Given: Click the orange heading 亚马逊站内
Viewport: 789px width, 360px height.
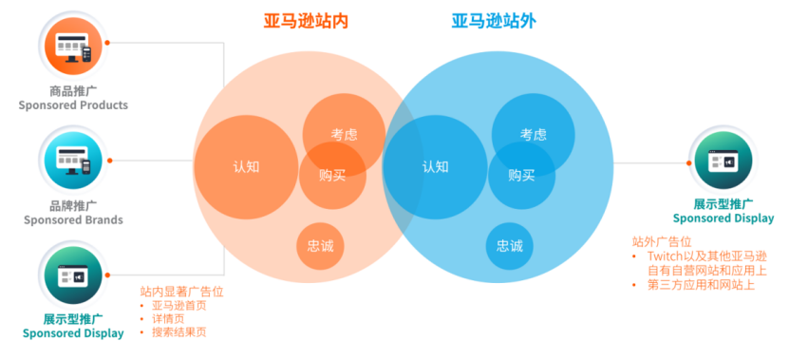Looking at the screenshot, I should (x=306, y=20).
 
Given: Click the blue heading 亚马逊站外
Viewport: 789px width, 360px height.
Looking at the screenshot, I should (x=493, y=20).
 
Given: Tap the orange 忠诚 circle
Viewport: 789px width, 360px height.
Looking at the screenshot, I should (x=320, y=246).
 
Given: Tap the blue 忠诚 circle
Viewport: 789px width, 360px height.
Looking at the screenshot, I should (x=509, y=246).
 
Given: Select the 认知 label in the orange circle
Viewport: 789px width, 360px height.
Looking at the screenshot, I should (x=246, y=166).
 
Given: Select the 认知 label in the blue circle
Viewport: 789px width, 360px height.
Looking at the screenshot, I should (x=435, y=166).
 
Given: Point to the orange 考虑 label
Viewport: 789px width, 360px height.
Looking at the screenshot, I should (x=345, y=135).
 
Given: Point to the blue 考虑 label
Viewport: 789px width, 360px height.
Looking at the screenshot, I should (x=534, y=135).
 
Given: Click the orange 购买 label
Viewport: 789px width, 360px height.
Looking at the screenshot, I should (x=332, y=175).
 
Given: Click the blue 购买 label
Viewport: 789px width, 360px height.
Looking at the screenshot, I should (x=521, y=175).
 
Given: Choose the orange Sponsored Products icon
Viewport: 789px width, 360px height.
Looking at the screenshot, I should (x=73, y=46).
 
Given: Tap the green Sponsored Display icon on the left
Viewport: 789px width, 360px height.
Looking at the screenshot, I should (x=73, y=274).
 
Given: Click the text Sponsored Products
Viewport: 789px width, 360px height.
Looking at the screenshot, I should (x=73, y=105).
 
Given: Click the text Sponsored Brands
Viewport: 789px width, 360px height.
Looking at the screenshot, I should (x=73, y=220).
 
